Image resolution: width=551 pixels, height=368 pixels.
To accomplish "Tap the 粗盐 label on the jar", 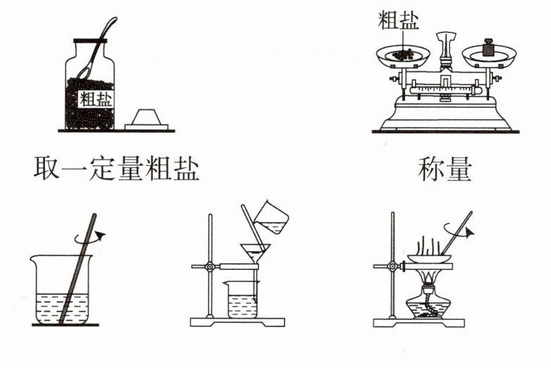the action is pos(95,99).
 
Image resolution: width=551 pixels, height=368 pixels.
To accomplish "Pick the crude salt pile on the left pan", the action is pos(403,53).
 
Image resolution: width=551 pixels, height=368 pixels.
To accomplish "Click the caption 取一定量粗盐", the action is pos(116,168).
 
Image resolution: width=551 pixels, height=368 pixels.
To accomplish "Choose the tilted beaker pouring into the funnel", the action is pos(274,218).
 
